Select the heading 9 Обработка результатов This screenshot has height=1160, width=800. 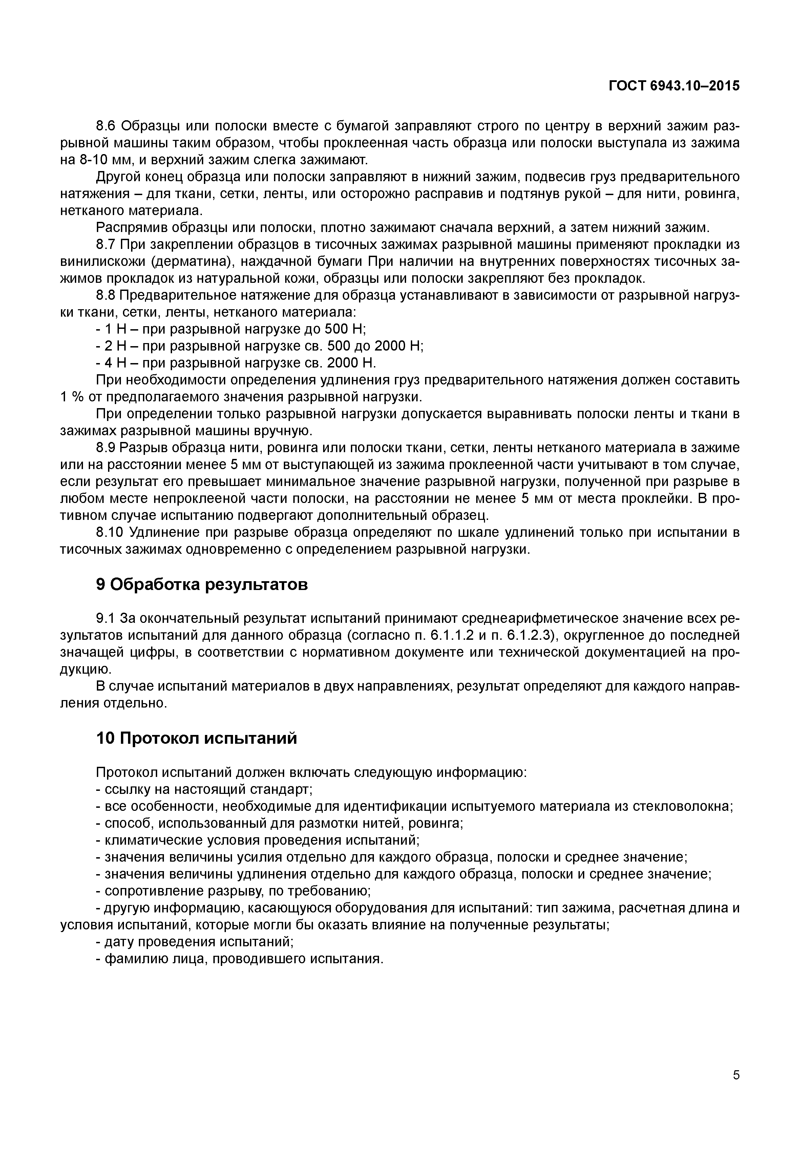202,584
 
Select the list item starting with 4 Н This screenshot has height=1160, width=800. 236,363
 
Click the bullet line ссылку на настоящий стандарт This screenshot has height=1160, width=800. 205,789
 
